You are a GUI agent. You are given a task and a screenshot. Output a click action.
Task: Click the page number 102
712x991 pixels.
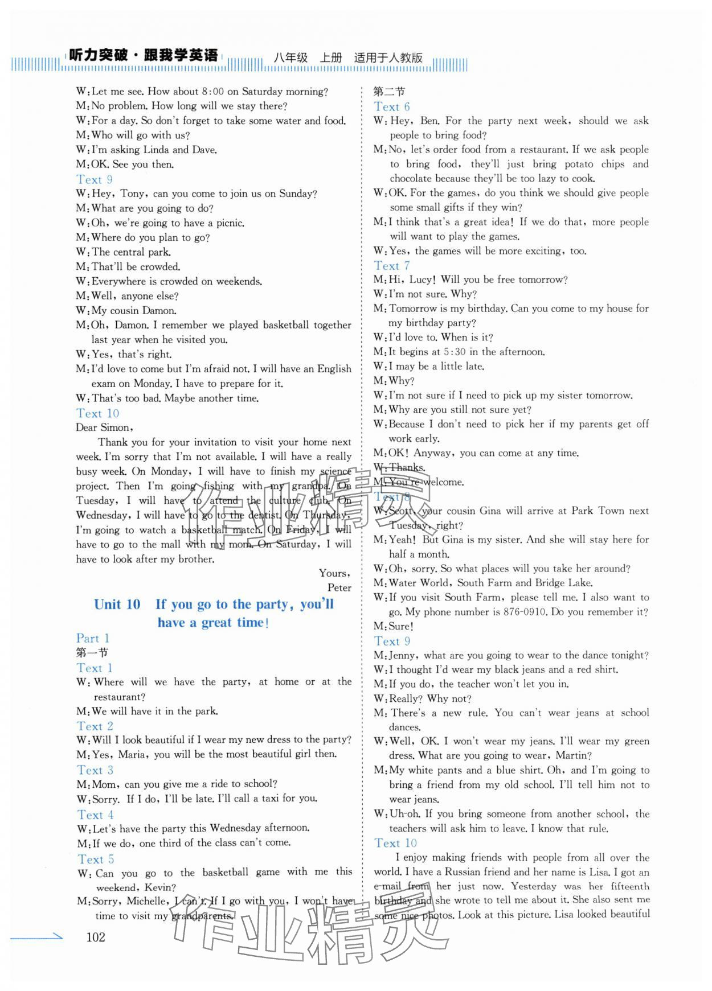[96, 936]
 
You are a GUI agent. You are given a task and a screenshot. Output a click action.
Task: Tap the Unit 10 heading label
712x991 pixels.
[117, 605]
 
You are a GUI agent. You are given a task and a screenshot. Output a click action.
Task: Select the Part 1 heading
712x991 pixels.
[93, 638]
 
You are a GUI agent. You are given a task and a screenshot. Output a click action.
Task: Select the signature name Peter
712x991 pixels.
[339, 587]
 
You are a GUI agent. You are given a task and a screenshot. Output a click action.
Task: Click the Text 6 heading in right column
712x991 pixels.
[392, 106]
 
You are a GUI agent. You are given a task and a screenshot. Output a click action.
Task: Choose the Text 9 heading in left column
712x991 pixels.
[95, 179]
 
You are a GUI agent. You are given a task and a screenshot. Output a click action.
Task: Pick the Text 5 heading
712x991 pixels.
[96, 859]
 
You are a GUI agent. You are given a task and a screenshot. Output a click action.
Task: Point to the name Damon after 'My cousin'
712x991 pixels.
[158, 311]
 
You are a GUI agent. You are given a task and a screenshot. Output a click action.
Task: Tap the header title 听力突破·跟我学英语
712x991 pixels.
[142, 56]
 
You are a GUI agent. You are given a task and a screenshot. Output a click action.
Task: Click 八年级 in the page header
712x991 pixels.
[290, 57]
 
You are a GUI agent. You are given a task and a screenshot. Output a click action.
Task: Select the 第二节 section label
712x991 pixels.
[389, 92]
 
